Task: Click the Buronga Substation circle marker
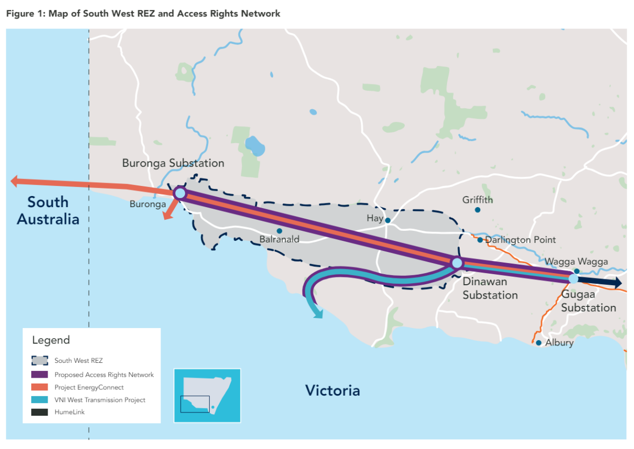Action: click(x=180, y=193)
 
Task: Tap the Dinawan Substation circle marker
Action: click(x=457, y=263)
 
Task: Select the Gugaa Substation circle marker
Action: click(x=573, y=278)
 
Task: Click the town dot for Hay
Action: click(x=387, y=220)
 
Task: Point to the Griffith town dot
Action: click(x=478, y=210)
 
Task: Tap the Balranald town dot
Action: click(x=279, y=231)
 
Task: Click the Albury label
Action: click(x=559, y=343)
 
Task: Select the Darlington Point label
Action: click(x=520, y=240)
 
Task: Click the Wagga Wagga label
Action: click(x=576, y=261)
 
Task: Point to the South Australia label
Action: click(x=48, y=210)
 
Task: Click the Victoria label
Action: click(x=332, y=391)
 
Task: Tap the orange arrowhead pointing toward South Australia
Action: click(x=16, y=182)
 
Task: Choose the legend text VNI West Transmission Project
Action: click(x=100, y=400)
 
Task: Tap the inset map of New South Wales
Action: click(x=207, y=395)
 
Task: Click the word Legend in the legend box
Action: click(x=51, y=340)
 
